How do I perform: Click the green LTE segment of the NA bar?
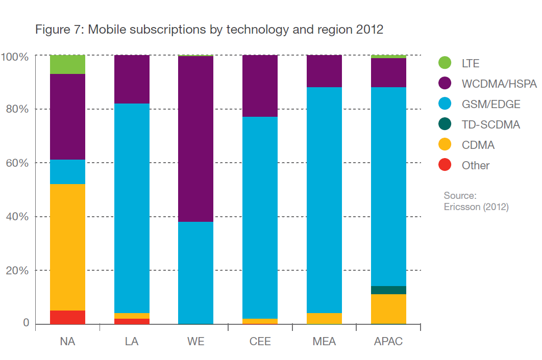pos(67,64)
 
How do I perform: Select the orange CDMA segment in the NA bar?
pos(67,247)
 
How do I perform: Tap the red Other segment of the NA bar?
pos(67,317)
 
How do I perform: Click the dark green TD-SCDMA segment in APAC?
pos(388,290)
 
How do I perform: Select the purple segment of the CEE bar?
pos(260,86)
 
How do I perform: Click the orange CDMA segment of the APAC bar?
pos(388,309)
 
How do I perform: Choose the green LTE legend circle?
pos(445,63)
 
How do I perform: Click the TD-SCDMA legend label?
pos(490,124)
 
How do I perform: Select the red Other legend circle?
pos(445,165)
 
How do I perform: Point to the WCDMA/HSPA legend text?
pos(499,84)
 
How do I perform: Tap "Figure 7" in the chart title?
pos(59,30)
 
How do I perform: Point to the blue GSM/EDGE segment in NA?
pos(67,172)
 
